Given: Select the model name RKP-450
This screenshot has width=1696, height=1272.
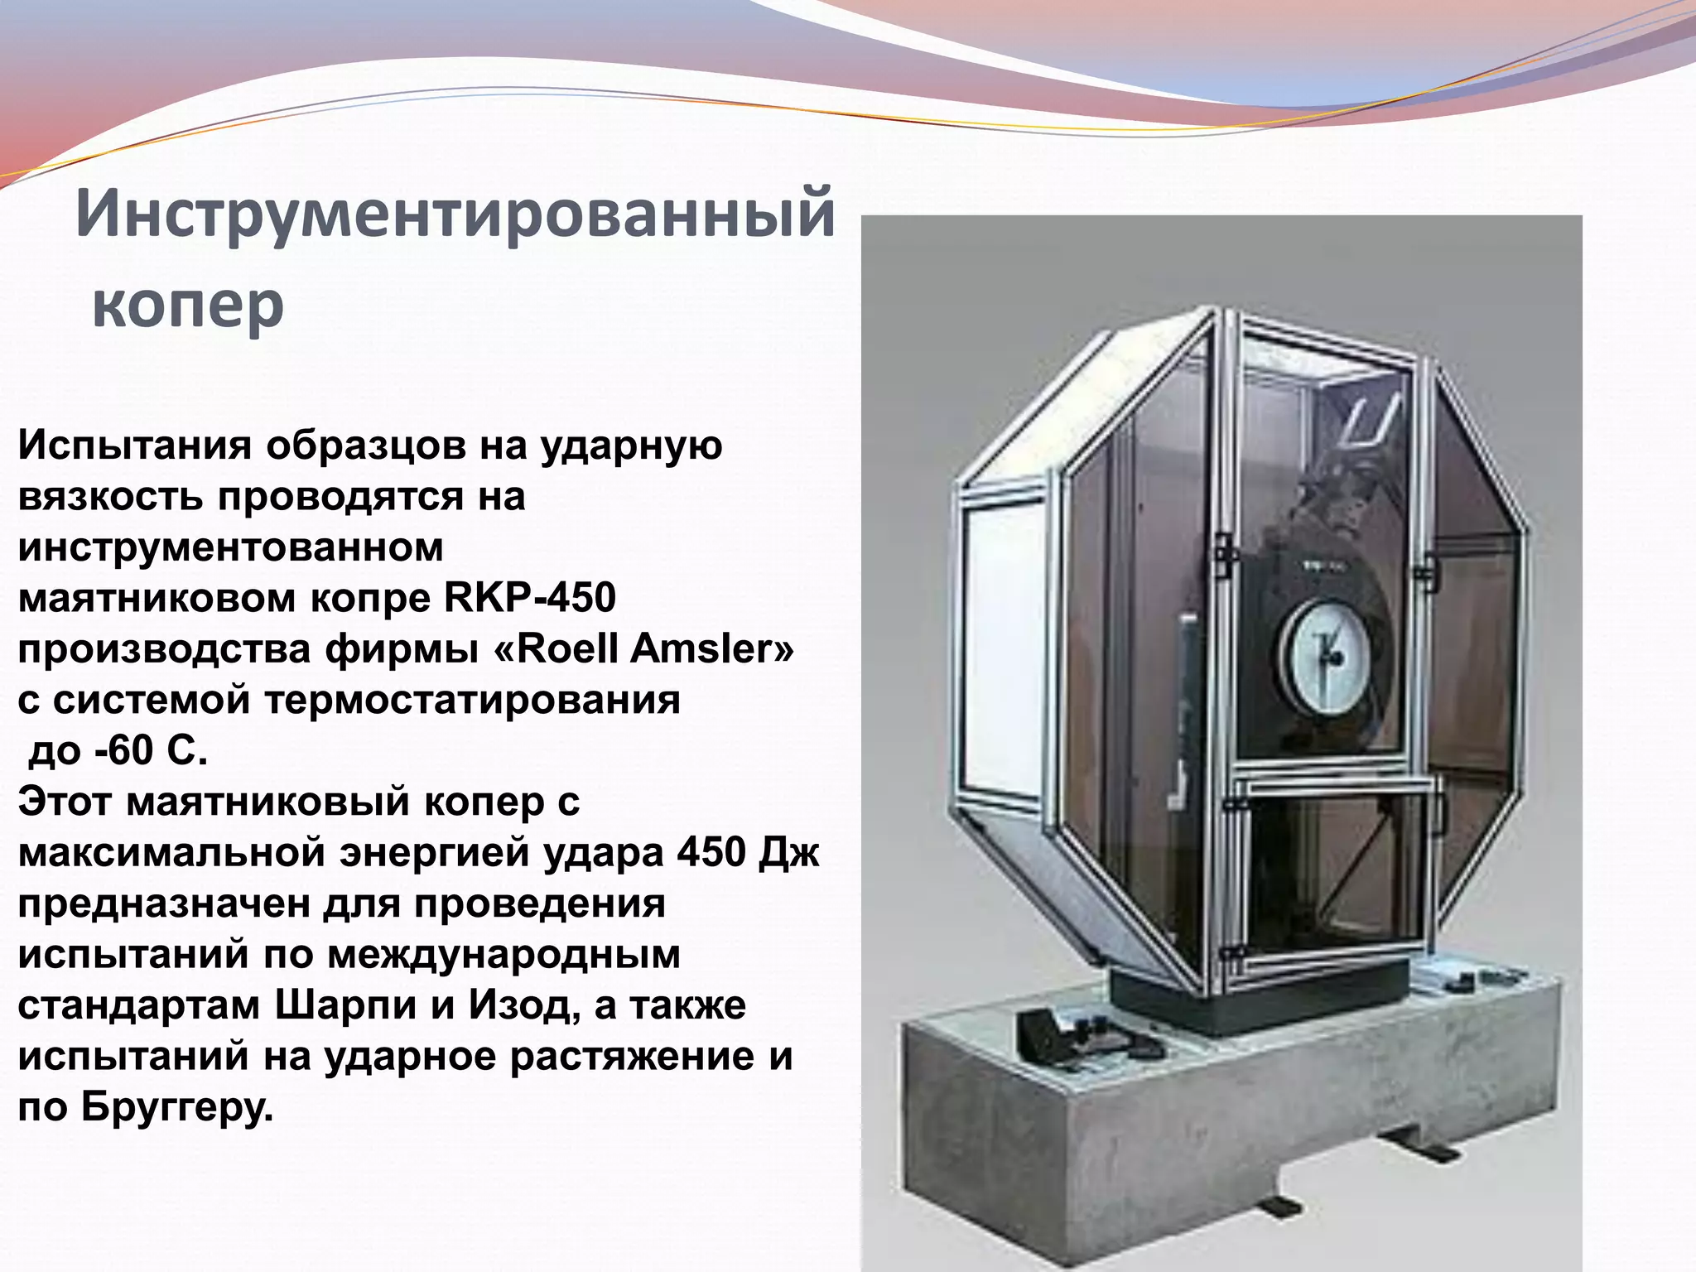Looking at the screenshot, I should (530, 598).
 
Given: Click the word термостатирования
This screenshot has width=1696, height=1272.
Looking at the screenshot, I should (472, 700).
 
